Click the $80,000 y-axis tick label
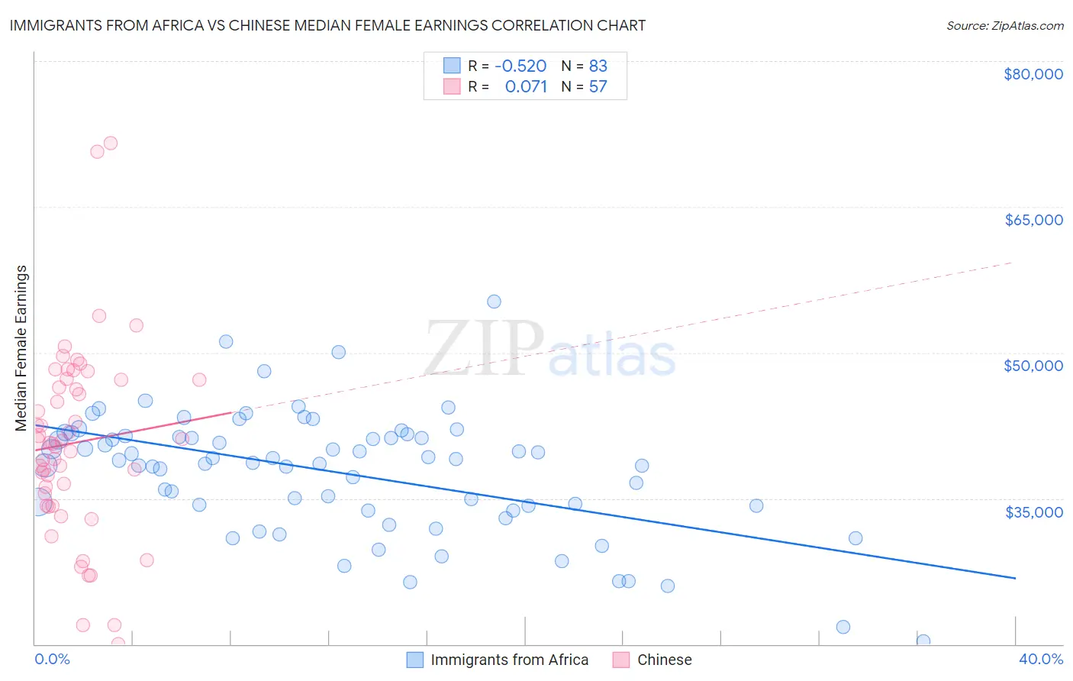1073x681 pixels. coord(1033,74)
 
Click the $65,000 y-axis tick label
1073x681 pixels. coord(1033,220)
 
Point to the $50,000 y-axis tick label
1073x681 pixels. coord(1033,366)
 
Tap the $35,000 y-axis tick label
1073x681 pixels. coord(1033,512)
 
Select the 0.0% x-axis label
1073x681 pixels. coord(52,659)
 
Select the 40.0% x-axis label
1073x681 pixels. coord(1040,659)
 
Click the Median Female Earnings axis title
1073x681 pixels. coord(21,348)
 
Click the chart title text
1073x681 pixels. coord(327,25)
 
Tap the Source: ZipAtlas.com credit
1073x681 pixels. coord(1004,25)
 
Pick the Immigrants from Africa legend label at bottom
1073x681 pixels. coord(509,660)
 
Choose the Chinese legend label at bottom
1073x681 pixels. coord(664,660)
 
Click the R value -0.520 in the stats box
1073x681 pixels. coord(520,66)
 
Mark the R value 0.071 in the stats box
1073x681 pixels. coord(526,86)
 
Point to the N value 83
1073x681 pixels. coord(598,66)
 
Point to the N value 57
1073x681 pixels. coord(598,86)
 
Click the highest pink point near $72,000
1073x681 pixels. coord(111,143)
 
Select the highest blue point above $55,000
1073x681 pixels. coord(494,302)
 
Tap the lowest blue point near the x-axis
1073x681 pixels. coord(923,641)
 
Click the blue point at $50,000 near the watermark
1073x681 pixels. coord(338,352)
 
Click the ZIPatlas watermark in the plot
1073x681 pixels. coord(549,349)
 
